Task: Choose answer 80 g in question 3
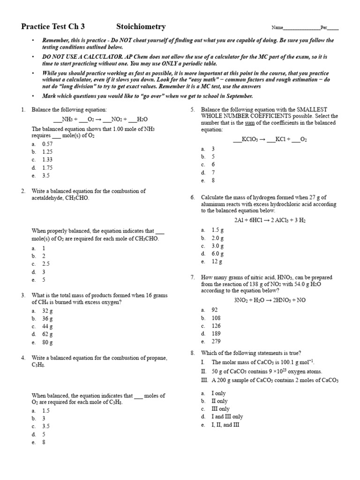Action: pos(47,342)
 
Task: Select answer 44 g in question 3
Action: pos(47,326)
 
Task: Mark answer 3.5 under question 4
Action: pos(46,426)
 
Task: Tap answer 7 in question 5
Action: pos(213,172)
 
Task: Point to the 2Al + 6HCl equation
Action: pos(270,220)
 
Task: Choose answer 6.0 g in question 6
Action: pos(217,254)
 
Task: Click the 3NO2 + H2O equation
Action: pos(270,300)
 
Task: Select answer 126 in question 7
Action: pos(216,326)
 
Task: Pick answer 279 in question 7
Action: pos(216,342)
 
